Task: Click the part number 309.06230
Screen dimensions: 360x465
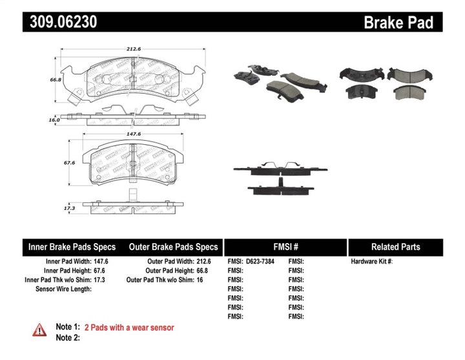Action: point(63,23)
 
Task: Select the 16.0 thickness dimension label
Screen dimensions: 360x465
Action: point(54,120)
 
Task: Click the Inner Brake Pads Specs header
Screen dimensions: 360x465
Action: point(72,247)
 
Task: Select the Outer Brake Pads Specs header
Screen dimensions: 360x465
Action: point(174,247)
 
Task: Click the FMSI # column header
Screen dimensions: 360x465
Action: point(285,247)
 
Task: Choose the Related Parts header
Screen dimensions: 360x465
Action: point(395,247)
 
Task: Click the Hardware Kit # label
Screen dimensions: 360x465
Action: point(371,262)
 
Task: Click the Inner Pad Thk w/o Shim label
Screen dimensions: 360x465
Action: point(58,280)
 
